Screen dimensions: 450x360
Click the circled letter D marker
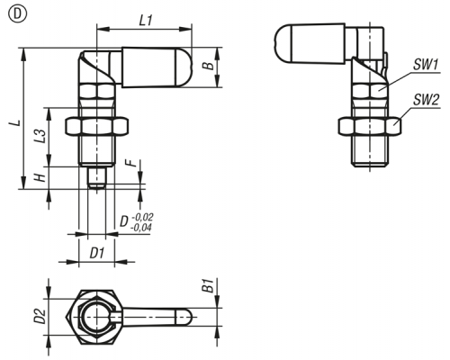click(x=18, y=14)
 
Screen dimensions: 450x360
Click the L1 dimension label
click(x=146, y=21)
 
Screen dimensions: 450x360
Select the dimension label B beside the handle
click(x=210, y=66)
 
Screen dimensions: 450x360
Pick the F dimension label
click(x=130, y=163)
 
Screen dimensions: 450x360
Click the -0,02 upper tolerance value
click(x=142, y=217)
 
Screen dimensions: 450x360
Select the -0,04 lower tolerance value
click(x=141, y=228)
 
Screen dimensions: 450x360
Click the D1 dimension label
click(x=97, y=254)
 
